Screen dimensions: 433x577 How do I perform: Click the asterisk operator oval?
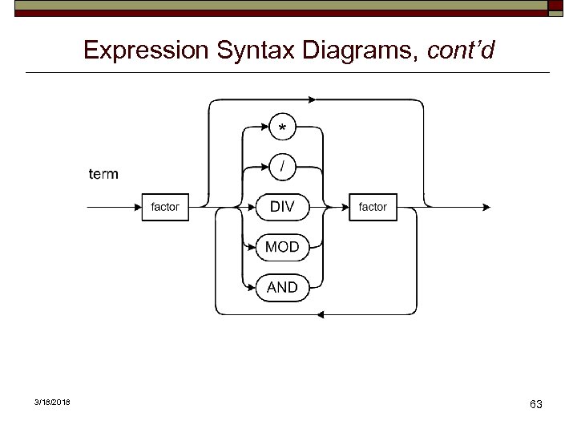click(281, 127)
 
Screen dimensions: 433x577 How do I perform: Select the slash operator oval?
click(281, 167)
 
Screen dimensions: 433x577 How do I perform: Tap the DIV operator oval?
click(281, 207)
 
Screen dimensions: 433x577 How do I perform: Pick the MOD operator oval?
click(281, 247)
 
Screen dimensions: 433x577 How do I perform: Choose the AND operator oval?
click(281, 287)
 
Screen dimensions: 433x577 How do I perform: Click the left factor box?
click(165, 207)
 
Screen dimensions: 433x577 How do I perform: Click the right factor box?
click(373, 207)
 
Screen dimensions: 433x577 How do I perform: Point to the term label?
click(103, 173)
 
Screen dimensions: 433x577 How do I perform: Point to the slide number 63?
click(535, 404)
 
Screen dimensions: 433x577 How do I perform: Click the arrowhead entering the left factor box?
click(137, 207)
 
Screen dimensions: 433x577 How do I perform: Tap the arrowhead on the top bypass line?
click(313, 99)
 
